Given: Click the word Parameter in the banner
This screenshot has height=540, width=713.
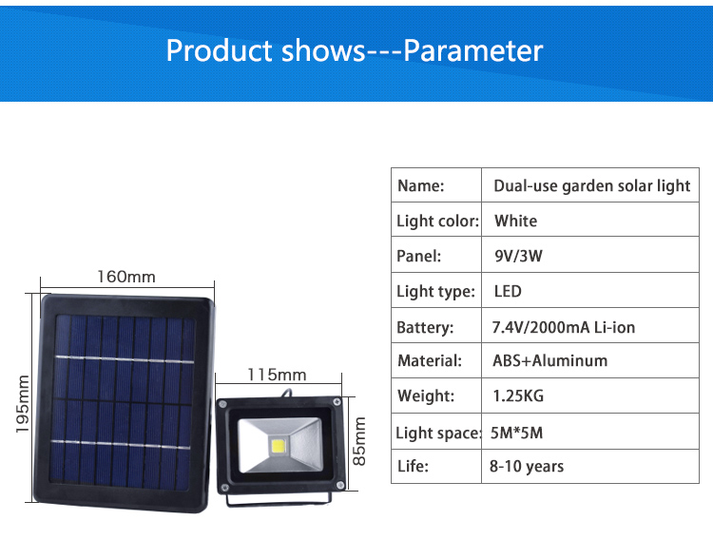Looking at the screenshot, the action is (472, 50).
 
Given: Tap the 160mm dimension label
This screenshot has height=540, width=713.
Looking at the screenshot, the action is (126, 277).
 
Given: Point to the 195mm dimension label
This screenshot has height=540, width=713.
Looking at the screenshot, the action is (22, 404).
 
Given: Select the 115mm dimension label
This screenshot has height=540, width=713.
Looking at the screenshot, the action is (277, 375).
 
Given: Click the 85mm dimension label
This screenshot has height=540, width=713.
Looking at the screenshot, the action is (359, 441).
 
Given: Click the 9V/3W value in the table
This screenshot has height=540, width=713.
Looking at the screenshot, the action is (518, 256).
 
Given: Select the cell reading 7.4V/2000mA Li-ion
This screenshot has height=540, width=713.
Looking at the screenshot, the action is (564, 327).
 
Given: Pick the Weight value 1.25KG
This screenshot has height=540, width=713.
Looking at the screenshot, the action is (518, 395).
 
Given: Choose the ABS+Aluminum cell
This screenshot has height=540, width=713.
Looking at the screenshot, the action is (550, 360).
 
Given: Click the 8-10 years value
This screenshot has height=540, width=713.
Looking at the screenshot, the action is (527, 466).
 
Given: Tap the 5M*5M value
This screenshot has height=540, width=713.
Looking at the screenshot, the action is (516, 433).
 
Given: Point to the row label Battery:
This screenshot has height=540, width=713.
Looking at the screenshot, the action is (425, 328).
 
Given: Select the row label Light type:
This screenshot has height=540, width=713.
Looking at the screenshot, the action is (435, 292).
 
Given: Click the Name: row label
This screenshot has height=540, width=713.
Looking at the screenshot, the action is (420, 185).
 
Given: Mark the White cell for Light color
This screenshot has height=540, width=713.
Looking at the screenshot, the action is (515, 222).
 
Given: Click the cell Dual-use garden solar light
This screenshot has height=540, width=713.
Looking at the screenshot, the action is (592, 186).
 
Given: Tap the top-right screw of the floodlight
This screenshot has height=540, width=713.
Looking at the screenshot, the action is (337, 402).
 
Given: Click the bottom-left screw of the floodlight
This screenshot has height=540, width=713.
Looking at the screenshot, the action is (223, 488).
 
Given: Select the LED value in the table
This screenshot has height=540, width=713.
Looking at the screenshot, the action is (508, 291).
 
